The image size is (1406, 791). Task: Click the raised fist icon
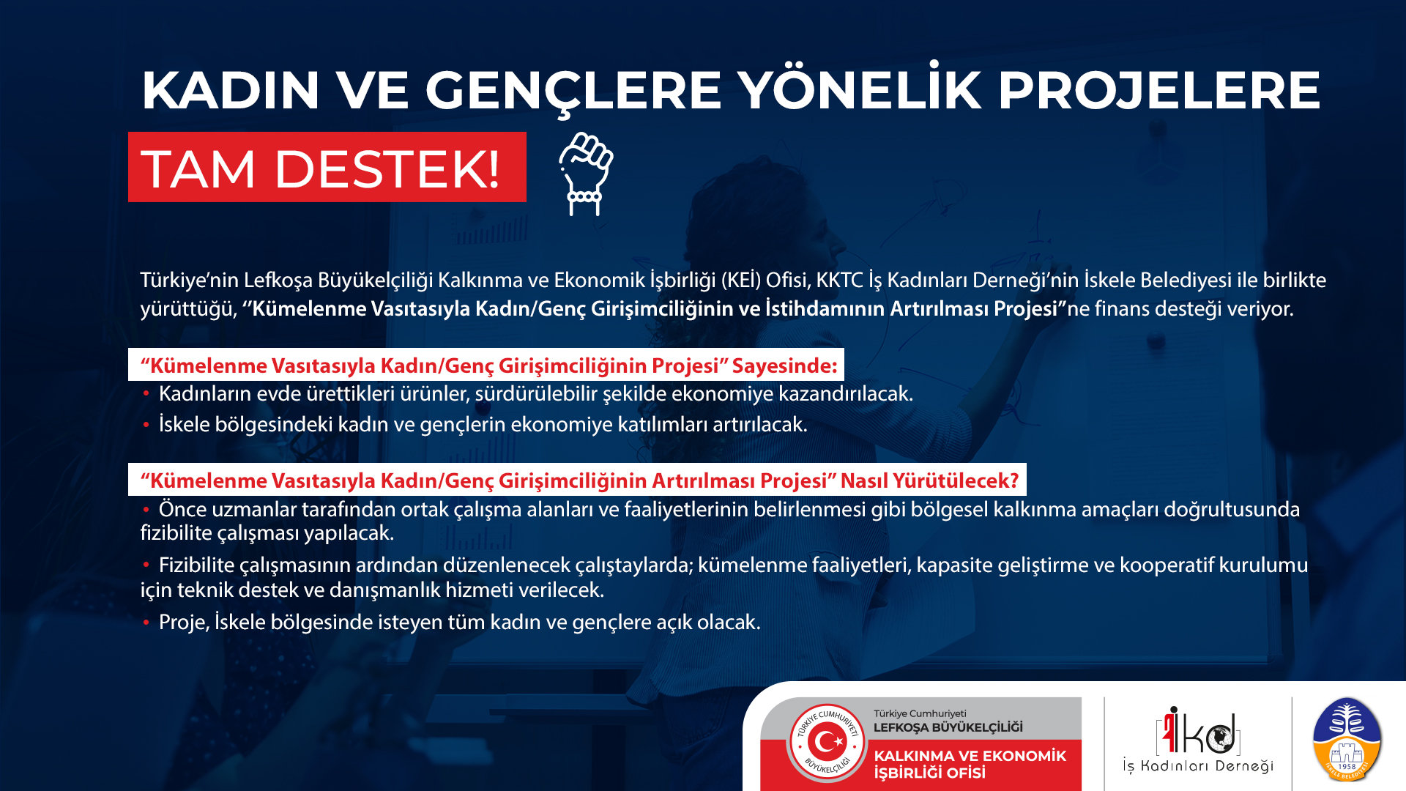[x=586, y=174]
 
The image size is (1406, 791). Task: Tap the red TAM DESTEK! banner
[x=327, y=167]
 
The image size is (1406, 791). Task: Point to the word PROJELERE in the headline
[x=1159, y=90]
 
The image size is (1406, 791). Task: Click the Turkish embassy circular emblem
[x=827, y=743]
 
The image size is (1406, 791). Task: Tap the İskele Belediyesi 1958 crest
[x=1347, y=740]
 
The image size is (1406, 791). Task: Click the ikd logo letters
[x=1199, y=730]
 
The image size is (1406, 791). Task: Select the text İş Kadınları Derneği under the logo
[x=1198, y=766]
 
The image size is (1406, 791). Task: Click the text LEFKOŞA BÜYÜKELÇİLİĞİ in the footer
[x=948, y=727]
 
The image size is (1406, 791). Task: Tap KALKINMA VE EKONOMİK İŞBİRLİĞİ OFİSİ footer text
[x=970, y=764]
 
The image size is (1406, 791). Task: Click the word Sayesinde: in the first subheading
[x=784, y=365]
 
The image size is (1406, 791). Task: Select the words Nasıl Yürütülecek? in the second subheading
[x=929, y=480]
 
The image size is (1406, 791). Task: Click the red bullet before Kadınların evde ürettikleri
[x=146, y=393]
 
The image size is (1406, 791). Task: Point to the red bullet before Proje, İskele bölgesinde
[x=146, y=622]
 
